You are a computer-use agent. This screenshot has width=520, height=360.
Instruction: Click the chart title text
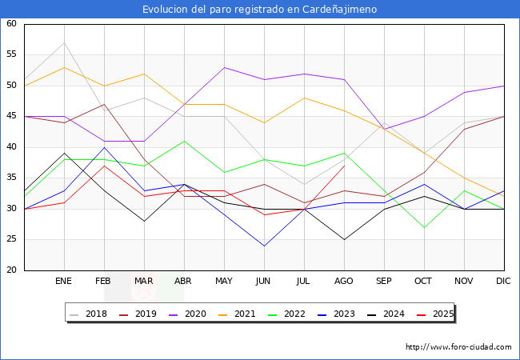tap(260, 10)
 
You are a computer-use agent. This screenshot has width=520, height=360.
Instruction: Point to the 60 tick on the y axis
tap(11, 24)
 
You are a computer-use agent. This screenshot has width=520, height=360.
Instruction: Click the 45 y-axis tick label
tap(11, 117)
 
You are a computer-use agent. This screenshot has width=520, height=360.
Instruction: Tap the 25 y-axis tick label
tap(11, 240)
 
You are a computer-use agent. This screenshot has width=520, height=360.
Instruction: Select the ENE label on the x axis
tap(64, 282)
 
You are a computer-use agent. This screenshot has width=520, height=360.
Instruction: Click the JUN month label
tap(264, 282)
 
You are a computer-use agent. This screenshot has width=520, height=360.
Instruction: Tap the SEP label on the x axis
tap(384, 282)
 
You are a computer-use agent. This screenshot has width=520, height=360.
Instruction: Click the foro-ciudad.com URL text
tap(458, 347)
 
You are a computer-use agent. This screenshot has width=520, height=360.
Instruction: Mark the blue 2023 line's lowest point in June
tap(264, 246)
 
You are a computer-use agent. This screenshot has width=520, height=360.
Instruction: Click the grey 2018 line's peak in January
tap(64, 42)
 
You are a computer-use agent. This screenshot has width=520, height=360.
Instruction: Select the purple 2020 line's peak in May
tap(224, 67)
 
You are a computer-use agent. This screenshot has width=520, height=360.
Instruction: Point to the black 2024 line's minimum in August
tap(344, 239)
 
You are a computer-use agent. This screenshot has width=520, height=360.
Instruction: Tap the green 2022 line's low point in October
tap(424, 227)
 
